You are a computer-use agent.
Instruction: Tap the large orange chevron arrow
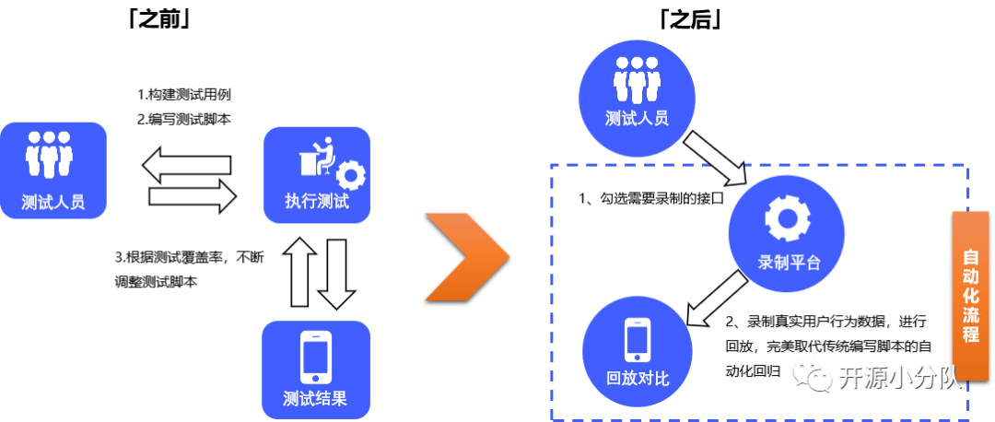468,255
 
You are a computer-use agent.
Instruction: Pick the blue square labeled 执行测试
317,175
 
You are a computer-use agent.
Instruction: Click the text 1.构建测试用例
183,95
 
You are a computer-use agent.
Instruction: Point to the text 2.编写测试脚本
183,118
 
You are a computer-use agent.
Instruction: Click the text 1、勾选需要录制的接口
651,198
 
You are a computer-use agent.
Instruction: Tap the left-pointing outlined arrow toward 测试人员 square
184,165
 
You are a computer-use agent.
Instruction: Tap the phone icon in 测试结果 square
316,354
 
